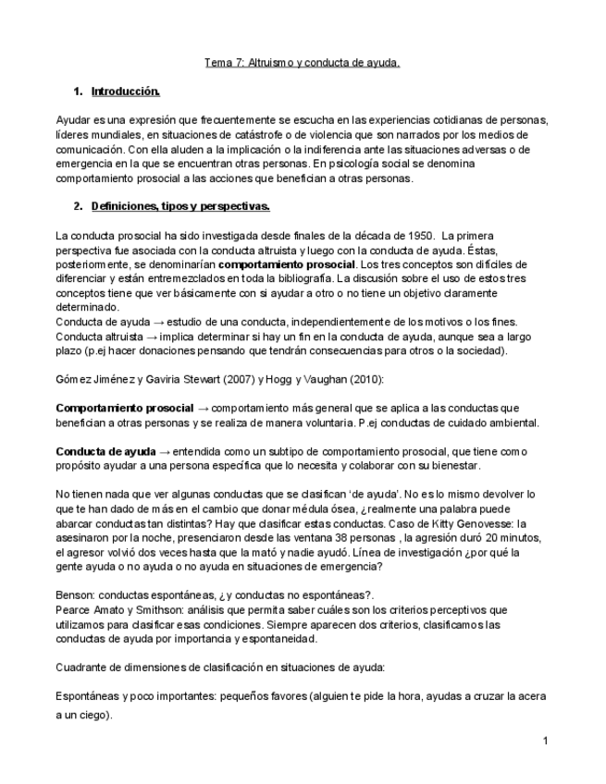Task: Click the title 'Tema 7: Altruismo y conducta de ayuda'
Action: coord(302,64)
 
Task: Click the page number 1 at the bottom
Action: coord(546,741)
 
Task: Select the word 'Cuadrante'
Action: coord(83,667)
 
